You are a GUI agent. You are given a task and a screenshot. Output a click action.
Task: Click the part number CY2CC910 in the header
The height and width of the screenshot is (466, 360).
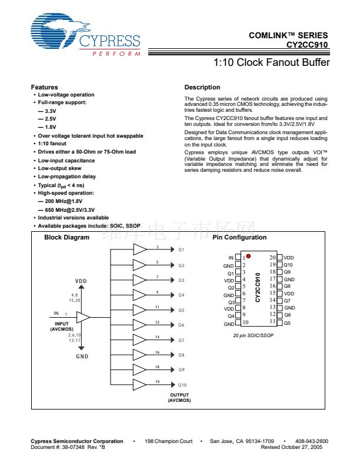pos(308,45)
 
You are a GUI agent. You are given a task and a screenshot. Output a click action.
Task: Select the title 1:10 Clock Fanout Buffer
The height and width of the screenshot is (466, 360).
pos(271,63)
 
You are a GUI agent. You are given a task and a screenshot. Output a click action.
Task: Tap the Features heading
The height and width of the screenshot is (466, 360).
pos(44,87)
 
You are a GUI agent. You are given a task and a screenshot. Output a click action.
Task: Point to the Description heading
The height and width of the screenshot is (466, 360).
pos(202,87)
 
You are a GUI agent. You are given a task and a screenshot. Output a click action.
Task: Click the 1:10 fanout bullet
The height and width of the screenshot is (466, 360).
pos(52,144)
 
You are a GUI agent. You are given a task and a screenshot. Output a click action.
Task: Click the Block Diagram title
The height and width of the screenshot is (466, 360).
pos(67,238)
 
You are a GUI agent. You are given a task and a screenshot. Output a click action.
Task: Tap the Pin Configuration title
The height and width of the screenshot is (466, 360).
pos(239,238)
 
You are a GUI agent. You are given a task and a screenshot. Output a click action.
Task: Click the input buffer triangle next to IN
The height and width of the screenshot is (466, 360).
pos(83,317)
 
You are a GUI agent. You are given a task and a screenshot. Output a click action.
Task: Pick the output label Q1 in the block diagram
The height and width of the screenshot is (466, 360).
pos(182,250)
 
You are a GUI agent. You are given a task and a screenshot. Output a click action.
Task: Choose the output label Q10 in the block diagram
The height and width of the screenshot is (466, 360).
pos(182,385)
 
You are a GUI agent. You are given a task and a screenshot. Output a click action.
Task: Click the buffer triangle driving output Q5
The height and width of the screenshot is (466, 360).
pos(139,309)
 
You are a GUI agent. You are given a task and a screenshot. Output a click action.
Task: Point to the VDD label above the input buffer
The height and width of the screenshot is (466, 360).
pos(81,281)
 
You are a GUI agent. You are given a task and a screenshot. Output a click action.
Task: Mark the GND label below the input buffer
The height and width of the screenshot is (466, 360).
pos(82,357)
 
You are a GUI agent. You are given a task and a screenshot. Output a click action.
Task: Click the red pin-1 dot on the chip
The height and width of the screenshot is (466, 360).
pos(249,256)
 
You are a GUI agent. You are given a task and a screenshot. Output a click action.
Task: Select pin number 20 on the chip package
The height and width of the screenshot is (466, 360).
pos(273,257)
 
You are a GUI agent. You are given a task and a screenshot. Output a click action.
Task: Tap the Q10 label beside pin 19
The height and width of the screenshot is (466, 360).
pos(288,265)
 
